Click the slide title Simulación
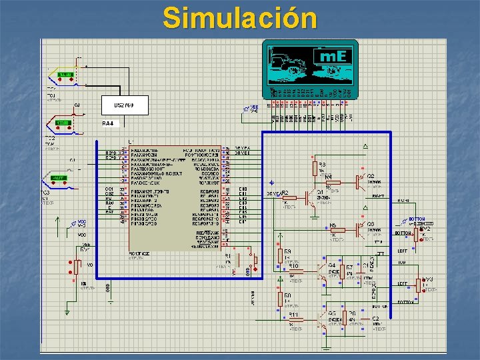[x=240, y=18]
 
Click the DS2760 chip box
[x=125, y=105]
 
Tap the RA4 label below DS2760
[x=108, y=124]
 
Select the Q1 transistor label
[x=321, y=192]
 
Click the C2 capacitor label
[x=375, y=319]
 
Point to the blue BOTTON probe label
[x=417, y=219]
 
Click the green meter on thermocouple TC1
[x=65, y=74]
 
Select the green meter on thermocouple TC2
[x=63, y=123]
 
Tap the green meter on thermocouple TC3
[x=59, y=178]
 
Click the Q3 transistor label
[x=370, y=225]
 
